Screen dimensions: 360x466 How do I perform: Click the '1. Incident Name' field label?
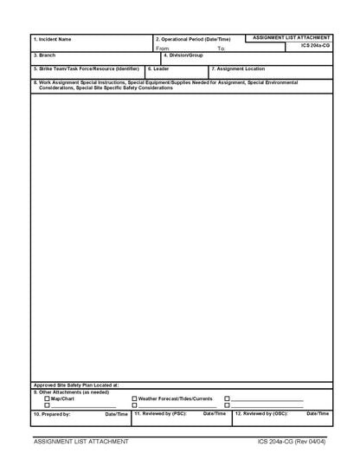(52, 39)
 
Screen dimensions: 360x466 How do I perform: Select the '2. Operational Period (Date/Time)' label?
(193, 39)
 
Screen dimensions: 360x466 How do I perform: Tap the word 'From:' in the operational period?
(163, 49)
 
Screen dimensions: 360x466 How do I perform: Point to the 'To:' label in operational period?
(222, 49)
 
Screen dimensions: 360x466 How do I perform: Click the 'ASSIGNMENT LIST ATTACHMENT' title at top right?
(292, 38)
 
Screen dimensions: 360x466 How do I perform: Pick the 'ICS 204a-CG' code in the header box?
(315, 46)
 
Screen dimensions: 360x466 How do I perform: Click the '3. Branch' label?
(44, 55)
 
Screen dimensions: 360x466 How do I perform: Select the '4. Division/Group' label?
(183, 55)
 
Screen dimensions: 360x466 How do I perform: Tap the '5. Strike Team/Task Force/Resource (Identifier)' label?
(86, 68)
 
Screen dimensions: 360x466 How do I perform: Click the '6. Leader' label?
(158, 68)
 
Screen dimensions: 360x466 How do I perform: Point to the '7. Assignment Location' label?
(239, 68)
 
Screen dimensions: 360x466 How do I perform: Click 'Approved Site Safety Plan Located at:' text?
(76, 385)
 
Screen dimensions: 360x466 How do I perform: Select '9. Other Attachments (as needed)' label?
(71, 392)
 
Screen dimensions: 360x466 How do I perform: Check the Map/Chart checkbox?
(48, 398)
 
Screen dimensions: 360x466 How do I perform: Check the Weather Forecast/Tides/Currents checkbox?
(134, 398)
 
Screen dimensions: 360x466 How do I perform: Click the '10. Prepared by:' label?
(51, 414)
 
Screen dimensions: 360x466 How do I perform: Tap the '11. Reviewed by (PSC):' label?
(160, 413)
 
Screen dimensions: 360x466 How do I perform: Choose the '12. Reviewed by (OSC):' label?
(261, 413)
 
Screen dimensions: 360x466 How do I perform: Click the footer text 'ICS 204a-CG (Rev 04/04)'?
(291, 442)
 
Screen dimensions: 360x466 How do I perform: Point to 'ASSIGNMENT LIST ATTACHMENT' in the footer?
(80, 442)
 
